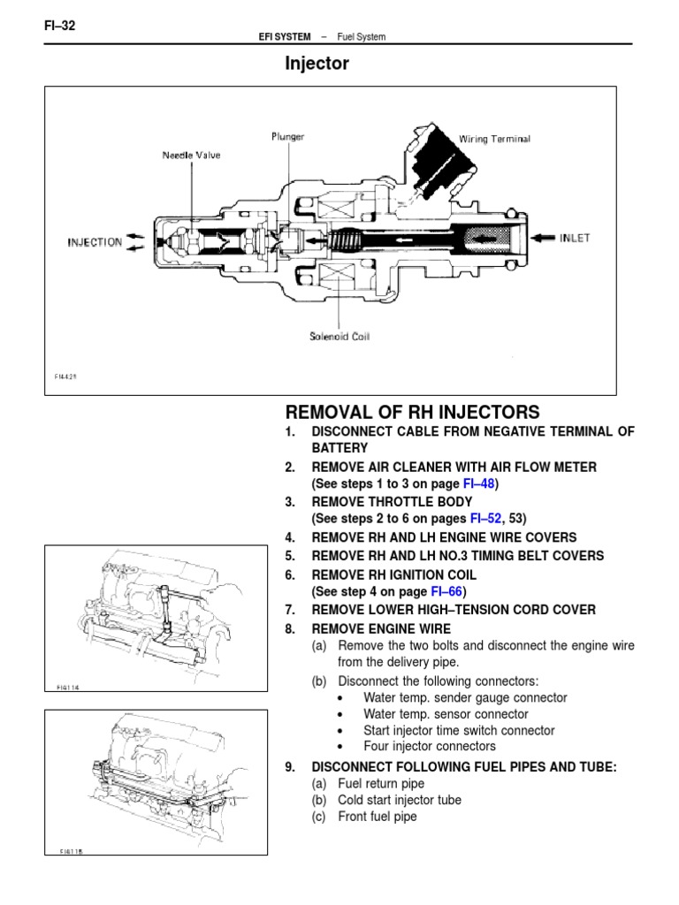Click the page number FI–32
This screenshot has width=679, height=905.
point(59,26)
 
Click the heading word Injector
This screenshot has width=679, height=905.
point(317,64)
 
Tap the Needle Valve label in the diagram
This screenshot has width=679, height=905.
point(191,156)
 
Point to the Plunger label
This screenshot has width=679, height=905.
point(288,137)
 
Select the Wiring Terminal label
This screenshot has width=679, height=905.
point(494,139)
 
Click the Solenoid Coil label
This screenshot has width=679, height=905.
point(339,336)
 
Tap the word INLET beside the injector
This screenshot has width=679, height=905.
point(574,237)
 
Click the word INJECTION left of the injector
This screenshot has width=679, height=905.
point(95,242)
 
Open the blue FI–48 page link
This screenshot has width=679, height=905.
point(480,484)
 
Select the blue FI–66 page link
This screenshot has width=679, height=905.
point(449,591)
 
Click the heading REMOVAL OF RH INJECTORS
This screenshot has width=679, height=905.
point(412,412)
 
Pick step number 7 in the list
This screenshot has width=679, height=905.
point(289,610)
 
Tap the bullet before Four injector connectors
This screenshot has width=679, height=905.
point(341,748)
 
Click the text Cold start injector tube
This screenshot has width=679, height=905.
point(399,800)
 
